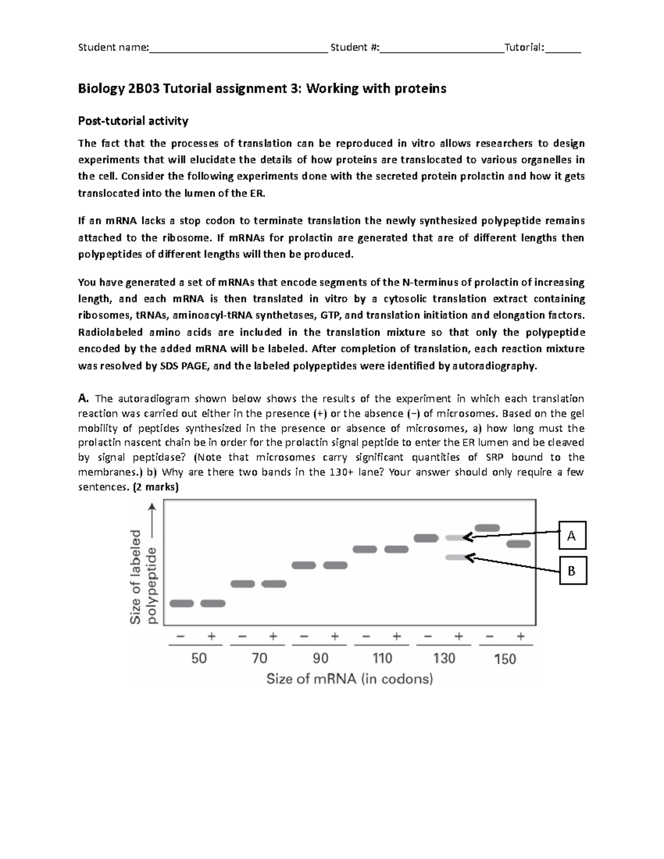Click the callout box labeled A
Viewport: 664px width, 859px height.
[x=572, y=535]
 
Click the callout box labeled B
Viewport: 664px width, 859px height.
[x=572, y=571]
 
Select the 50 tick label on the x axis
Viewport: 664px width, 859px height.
[x=199, y=658]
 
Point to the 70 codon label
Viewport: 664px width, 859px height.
[x=259, y=658]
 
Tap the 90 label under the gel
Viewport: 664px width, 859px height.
[x=320, y=658]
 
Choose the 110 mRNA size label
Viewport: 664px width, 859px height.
[x=382, y=658]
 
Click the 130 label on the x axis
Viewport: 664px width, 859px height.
[x=444, y=658]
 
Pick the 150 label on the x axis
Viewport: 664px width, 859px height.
[x=505, y=659]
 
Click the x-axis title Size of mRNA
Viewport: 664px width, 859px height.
[x=350, y=679]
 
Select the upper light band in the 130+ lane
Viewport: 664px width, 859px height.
[x=456, y=538]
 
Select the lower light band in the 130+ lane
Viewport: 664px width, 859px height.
[x=456, y=558]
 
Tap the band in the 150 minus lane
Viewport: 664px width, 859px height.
[x=487, y=528]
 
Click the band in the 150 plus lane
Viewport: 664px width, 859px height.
[x=518, y=544]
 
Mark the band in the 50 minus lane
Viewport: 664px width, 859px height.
[x=181, y=603]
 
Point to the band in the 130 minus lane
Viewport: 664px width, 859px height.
[x=426, y=538]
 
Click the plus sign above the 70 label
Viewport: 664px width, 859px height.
[x=273, y=637]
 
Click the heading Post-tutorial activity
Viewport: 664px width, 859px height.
[x=133, y=121]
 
